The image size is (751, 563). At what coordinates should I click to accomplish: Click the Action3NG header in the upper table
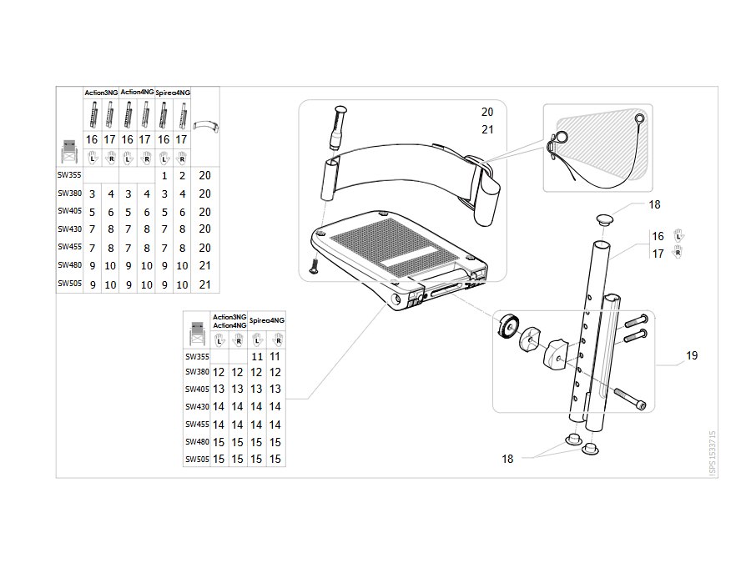click(x=101, y=93)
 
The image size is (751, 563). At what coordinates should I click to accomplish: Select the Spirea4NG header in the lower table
click(x=267, y=320)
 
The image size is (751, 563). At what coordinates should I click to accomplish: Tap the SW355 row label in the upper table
click(x=69, y=175)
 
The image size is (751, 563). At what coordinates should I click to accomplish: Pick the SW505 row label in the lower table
click(x=197, y=459)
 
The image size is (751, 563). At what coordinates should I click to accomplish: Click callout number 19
click(x=692, y=355)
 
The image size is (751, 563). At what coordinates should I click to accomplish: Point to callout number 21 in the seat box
click(x=487, y=130)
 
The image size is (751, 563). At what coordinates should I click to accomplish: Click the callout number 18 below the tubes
click(x=507, y=459)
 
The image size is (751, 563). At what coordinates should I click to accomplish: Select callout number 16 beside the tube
click(x=658, y=237)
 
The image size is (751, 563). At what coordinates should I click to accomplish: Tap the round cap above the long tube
click(x=605, y=220)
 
